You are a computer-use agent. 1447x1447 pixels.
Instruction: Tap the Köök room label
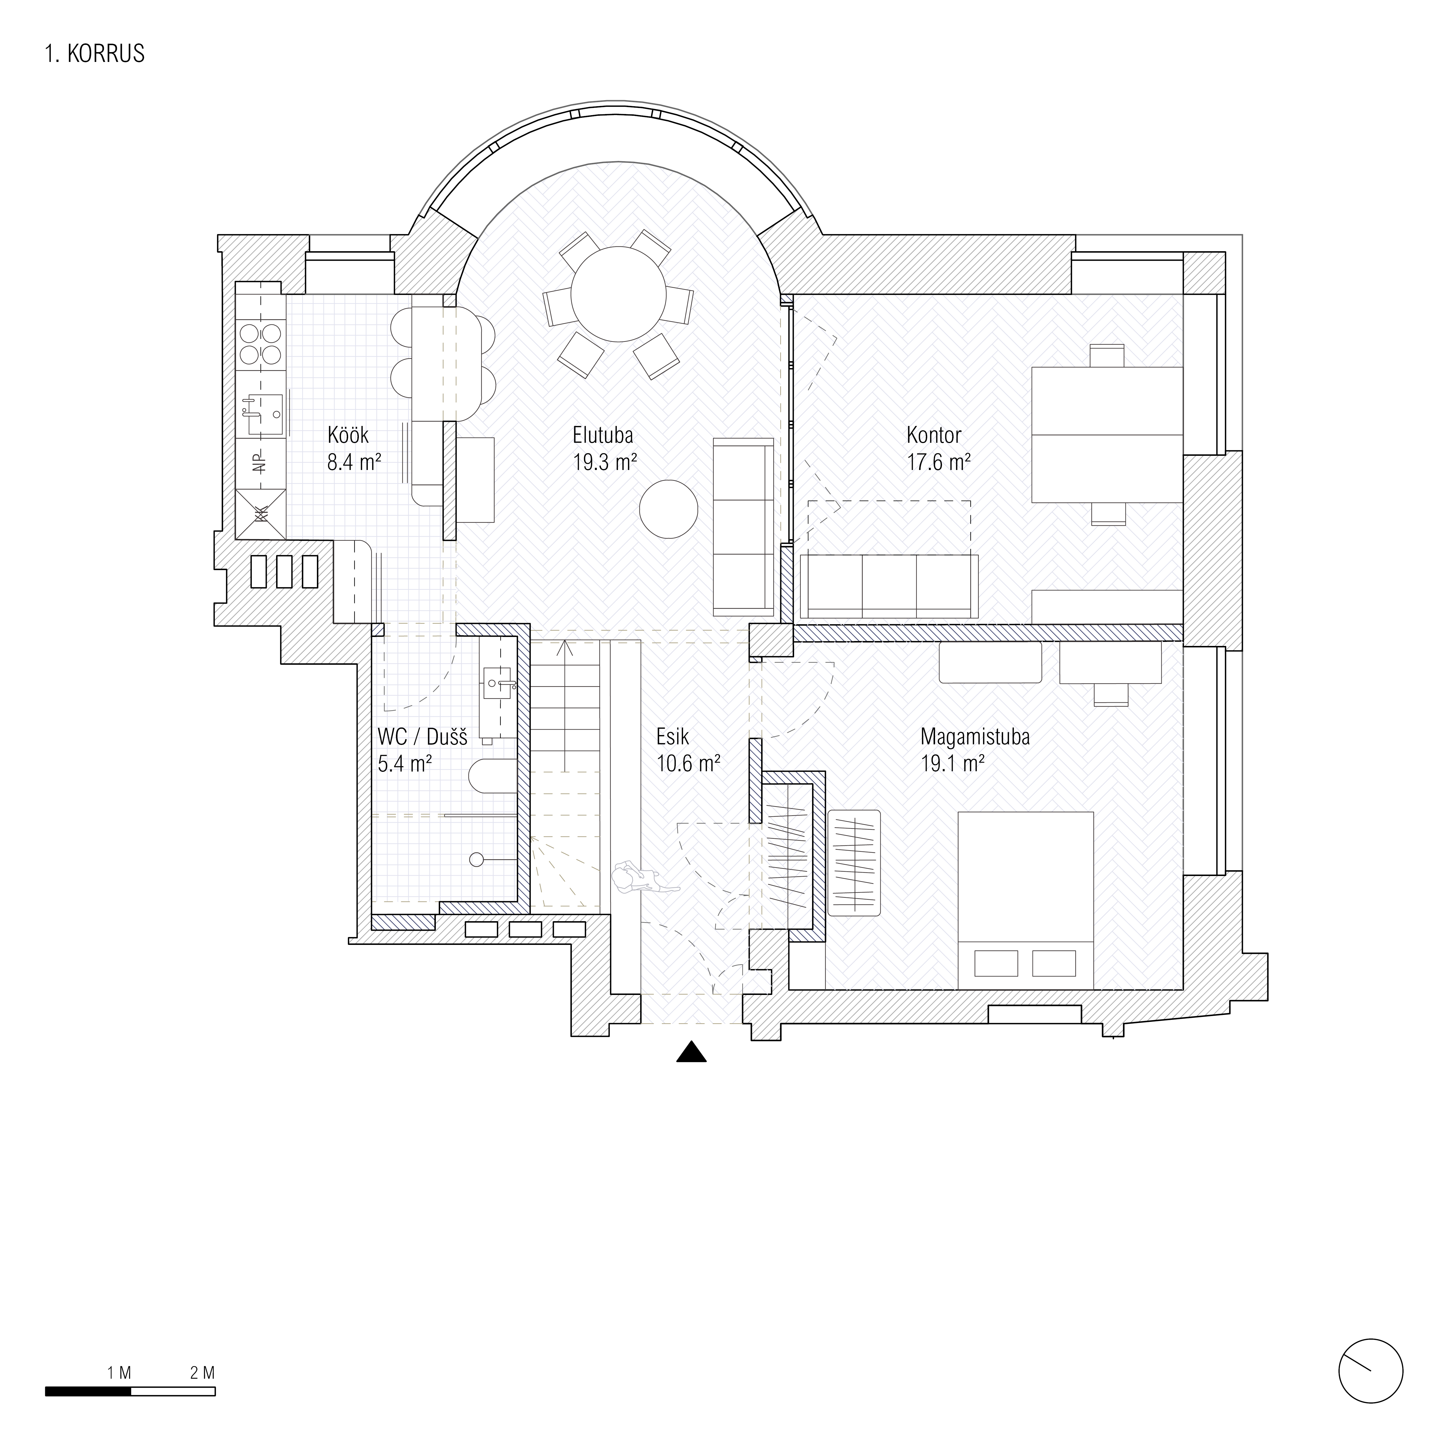pos(348,434)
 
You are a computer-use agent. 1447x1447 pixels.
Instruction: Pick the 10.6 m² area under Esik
pos(688,764)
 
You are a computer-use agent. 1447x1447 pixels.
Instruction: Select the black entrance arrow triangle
pos(691,1052)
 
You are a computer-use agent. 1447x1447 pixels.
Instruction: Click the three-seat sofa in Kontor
pos(889,586)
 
